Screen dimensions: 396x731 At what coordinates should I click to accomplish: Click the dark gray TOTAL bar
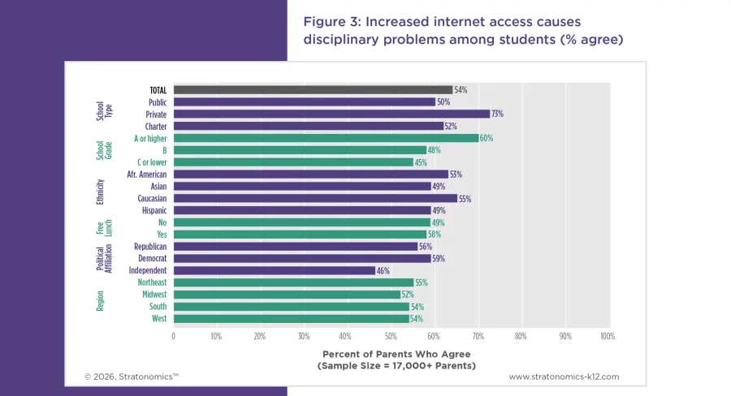tap(313, 90)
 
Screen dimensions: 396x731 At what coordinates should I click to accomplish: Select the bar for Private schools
tap(331, 114)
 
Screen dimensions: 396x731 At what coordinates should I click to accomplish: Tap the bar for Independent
tap(274, 270)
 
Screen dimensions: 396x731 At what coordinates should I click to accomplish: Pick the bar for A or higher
tap(325, 138)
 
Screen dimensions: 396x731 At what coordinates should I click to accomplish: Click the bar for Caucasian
tap(314, 198)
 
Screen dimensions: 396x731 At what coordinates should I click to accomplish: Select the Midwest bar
tap(286, 295)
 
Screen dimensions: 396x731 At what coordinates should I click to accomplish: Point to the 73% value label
tap(497, 114)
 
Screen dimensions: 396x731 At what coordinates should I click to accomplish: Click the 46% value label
tap(383, 270)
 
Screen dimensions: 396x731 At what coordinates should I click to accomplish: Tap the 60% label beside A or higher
tap(486, 138)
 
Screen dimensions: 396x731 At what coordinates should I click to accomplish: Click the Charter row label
tap(156, 127)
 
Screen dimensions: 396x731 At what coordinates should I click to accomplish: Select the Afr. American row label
tap(147, 174)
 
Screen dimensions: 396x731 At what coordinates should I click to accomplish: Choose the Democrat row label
tap(152, 258)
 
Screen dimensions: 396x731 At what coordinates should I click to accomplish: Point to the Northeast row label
tap(152, 282)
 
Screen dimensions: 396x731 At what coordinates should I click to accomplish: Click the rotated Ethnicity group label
tap(100, 192)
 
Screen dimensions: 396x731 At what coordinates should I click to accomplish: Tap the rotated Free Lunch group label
tap(100, 228)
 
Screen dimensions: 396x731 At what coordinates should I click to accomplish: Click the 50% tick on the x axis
tap(390, 335)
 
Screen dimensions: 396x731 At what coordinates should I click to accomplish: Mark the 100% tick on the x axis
tap(605, 335)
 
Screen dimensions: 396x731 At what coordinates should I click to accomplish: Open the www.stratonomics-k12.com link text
tap(564, 377)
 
